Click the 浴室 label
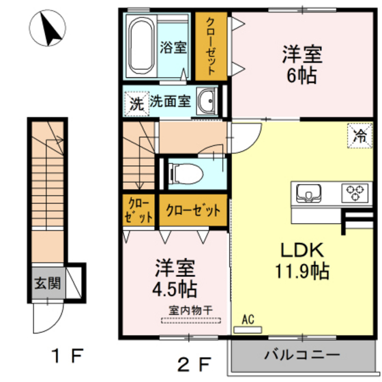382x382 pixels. pos(173,48)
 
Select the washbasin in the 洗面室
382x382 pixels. pos(207,102)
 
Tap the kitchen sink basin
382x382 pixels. pos(308,194)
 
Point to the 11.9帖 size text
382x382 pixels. pos(303,271)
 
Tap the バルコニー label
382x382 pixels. pos(301,355)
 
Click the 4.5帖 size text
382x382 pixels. pos(175,286)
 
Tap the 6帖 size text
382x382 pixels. pos(300,74)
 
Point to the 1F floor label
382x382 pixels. pos(67,356)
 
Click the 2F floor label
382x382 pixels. pos(194,361)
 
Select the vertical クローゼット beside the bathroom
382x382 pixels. pos(211,45)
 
